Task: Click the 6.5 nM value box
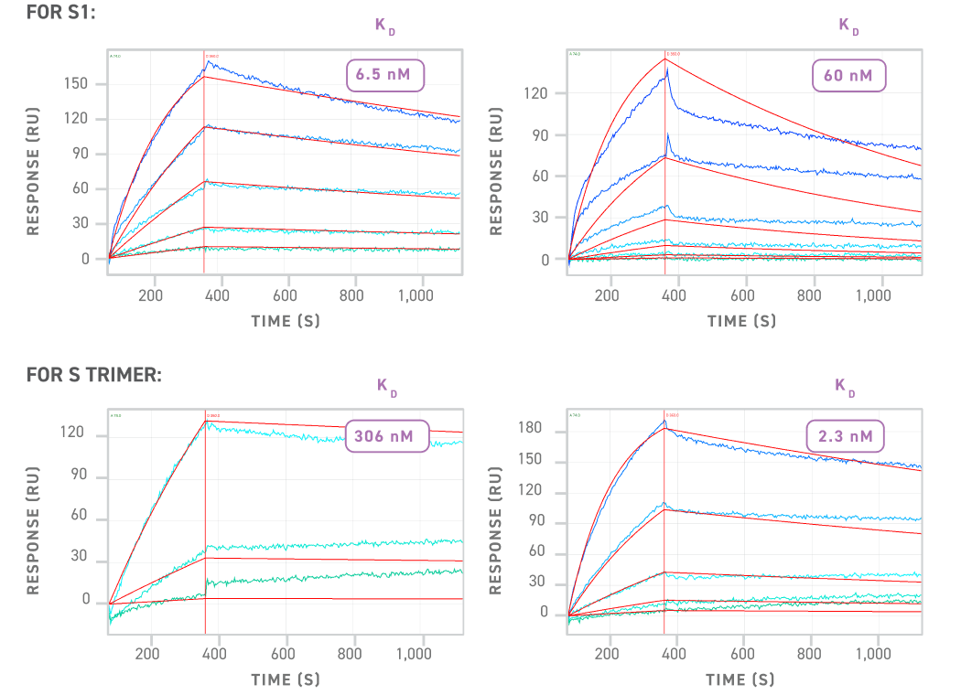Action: [x=384, y=75]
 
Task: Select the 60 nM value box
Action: [x=848, y=75]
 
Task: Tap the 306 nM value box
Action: [x=384, y=436]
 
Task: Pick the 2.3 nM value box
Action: [x=847, y=436]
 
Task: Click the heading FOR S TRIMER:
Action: [x=93, y=375]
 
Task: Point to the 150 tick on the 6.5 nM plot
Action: [x=77, y=84]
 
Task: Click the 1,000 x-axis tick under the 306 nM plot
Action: [x=414, y=655]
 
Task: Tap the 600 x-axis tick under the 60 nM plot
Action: [x=742, y=296]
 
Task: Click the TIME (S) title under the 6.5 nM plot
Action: [x=286, y=321]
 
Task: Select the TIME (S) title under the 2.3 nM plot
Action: [x=740, y=679]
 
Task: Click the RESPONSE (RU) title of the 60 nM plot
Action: [x=497, y=171]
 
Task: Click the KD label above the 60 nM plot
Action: [x=848, y=27]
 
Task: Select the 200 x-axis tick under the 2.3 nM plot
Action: [x=608, y=655]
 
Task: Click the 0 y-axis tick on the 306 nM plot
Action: [x=86, y=602]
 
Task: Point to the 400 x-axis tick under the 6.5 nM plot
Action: [x=218, y=296]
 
